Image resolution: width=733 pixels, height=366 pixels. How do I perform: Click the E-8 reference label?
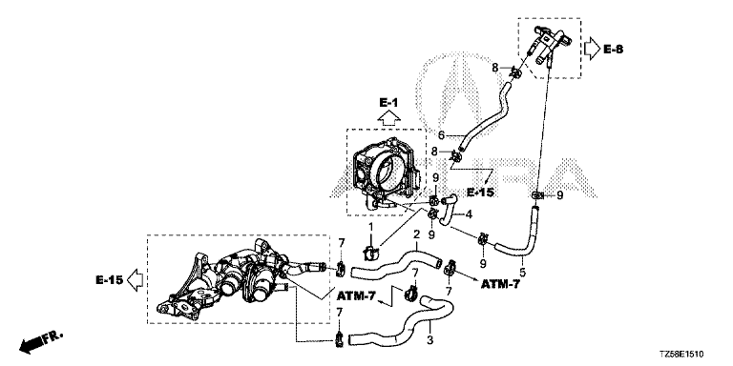pyautogui.click(x=613, y=49)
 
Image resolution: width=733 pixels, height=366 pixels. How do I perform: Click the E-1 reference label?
pyautogui.click(x=388, y=103)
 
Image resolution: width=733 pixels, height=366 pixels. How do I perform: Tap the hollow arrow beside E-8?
pyautogui.click(x=593, y=49)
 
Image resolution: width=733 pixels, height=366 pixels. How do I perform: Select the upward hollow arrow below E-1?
pyautogui.click(x=388, y=118)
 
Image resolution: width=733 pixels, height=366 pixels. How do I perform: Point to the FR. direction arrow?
pyautogui.click(x=40, y=342)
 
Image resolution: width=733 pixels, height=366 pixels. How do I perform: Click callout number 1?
pyautogui.click(x=370, y=228)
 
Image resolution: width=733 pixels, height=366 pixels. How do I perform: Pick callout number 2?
pyautogui.click(x=415, y=234)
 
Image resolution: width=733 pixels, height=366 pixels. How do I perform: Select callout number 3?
pyautogui.click(x=429, y=340)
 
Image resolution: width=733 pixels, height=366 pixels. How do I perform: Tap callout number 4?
pyautogui.click(x=469, y=215)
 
